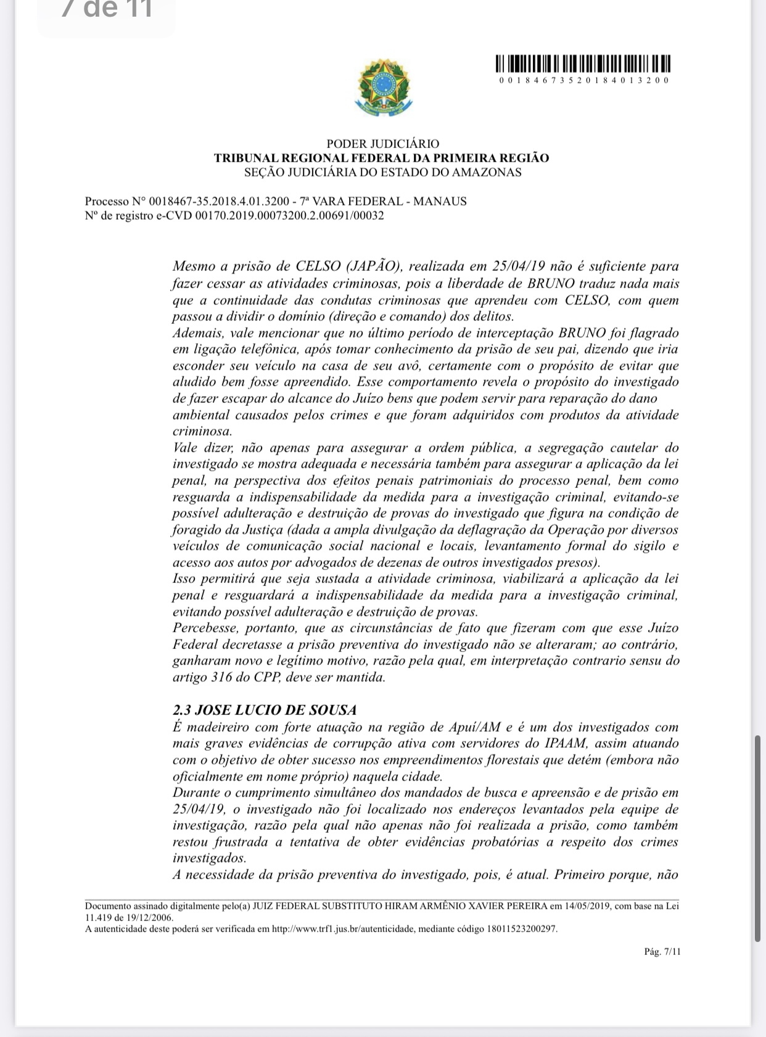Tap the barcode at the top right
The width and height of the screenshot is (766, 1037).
click(583, 64)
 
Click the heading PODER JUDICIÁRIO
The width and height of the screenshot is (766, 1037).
click(382, 144)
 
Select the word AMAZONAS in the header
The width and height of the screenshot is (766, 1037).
click(487, 172)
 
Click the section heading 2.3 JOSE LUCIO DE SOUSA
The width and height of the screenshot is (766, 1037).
click(265, 710)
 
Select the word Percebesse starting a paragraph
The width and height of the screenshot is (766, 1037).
click(205, 628)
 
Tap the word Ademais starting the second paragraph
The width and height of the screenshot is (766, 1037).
click(195, 333)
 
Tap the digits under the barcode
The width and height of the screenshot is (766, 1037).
click(583, 80)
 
